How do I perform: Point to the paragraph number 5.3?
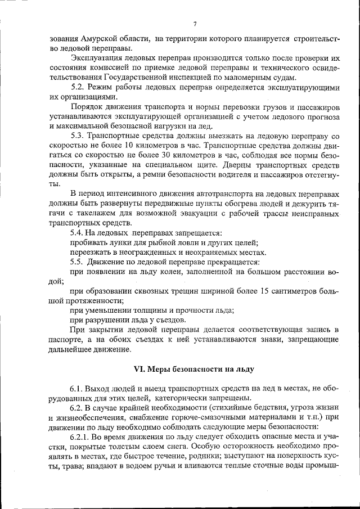[77, 136]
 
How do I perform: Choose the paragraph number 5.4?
[77, 233]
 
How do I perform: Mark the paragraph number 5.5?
[77, 262]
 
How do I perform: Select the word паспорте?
[67, 340]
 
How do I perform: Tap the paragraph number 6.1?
[77, 389]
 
